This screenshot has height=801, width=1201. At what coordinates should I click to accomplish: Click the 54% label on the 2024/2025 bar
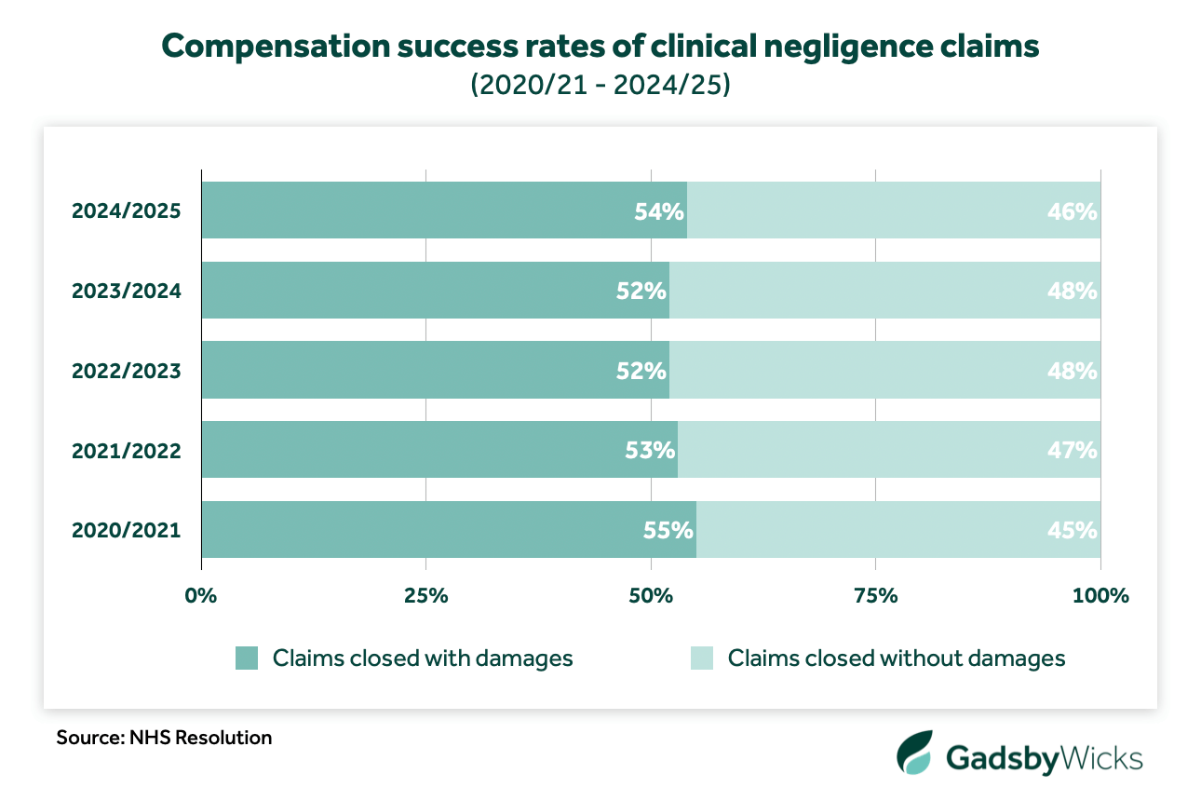(x=660, y=211)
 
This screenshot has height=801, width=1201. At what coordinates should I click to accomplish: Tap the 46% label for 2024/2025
(x=1072, y=211)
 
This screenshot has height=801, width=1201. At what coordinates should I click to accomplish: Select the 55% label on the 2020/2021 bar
(x=668, y=530)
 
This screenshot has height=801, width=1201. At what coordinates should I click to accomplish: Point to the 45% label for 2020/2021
(x=1072, y=530)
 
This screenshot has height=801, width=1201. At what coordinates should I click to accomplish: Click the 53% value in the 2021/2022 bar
(x=650, y=451)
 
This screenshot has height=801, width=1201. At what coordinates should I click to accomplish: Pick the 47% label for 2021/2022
(x=1072, y=451)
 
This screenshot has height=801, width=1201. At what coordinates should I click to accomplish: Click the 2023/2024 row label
(x=126, y=291)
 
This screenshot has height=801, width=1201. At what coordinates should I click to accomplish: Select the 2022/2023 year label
(x=126, y=371)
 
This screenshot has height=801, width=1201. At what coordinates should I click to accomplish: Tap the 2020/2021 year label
(x=126, y=531)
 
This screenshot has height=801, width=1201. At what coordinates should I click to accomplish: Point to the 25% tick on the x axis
(x=425, y=595)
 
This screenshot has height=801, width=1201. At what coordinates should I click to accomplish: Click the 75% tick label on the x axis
(x=875, y=595)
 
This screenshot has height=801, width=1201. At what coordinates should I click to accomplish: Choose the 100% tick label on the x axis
(x=1100, y=595)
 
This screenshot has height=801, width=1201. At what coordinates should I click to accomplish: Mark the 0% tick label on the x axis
(x=201, y=595)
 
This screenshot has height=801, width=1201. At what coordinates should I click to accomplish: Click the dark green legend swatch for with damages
(x=246, y=658)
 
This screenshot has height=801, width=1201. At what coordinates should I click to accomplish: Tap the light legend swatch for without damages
(x=701, y=658)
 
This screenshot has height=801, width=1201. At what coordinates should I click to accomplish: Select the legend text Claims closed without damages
(x=896, y=658)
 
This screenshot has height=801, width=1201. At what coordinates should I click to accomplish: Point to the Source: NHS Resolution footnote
(x=164, y=738)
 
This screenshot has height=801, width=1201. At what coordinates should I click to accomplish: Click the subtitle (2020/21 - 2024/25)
(x=600, y=84)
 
